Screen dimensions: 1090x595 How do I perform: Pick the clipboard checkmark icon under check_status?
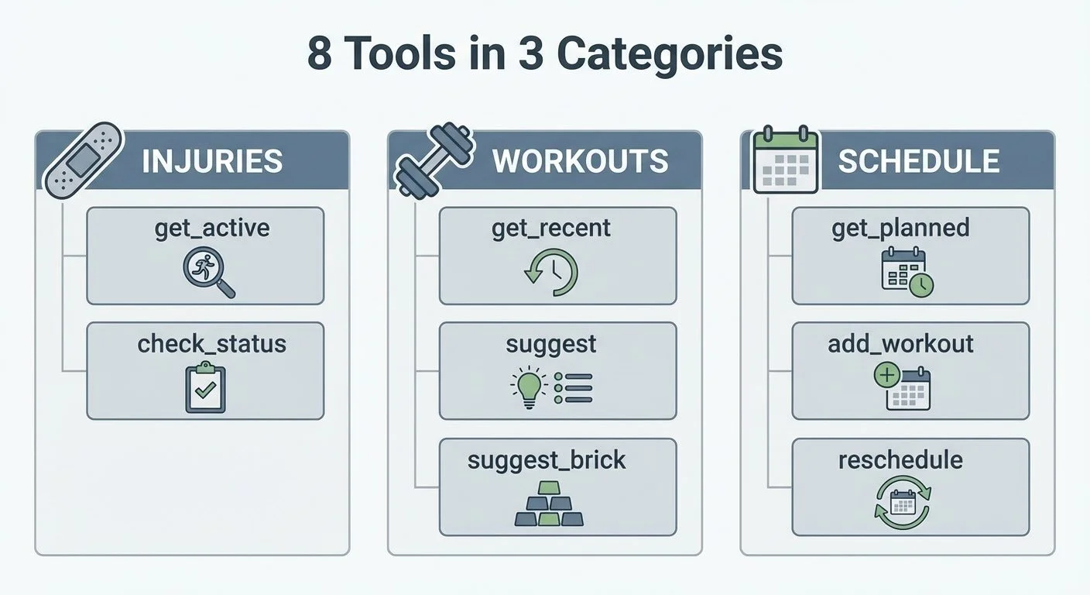tap(205, 387)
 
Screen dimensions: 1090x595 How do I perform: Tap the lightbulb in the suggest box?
tap(529, 386)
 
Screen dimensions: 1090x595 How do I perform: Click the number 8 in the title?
tap(320, 54)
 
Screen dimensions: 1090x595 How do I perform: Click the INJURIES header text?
tap(212, 161)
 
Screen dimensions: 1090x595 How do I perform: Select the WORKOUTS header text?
tap(580, 161)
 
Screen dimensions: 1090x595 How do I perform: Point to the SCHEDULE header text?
tap(918, 161)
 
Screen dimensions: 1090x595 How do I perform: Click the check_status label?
tap(211, 343)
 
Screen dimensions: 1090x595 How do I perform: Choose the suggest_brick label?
tap(547, 459)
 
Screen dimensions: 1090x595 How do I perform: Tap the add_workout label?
tap(900, 343)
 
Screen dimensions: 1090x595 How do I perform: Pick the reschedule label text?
tap(900, 459)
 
